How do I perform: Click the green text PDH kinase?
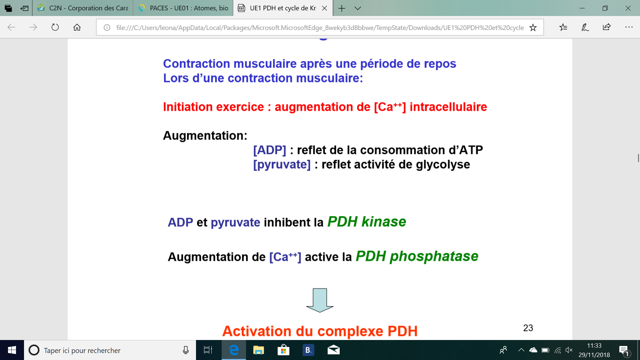pyautogui.click(x=367, y=222)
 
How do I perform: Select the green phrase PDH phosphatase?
pyautogui.click(x=417, y=257)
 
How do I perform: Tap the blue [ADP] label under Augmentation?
pyautogui.click(x=270, y=150)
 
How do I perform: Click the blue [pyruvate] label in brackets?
pyautogui.click(x=282, y=165)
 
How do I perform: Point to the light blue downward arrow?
pyautogui.click(x=320, y=300)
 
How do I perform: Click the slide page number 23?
pyautogui.click(x=528, y=328)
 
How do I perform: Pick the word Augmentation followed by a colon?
pyautogui.click(x=205, y=136)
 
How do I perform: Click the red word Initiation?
pyautogui.click(x=188, y=107)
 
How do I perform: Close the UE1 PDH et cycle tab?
pyautogui.click(x=324, y=8)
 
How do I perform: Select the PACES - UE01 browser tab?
pyautogui.click(x=183, y=8)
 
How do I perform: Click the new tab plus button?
pyautogui.click(x=342, y=8)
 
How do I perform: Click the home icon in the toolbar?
pyautogui.click(x=77, y=27)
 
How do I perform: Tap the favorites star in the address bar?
pyautogui.click(x=533, y=27)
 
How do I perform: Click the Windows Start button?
pyautogui.click(x=12, y=350)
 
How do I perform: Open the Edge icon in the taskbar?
pyautogui.click(x=234, y=350)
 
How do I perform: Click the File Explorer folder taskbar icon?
pyautogui.click(x=258, y=350)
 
